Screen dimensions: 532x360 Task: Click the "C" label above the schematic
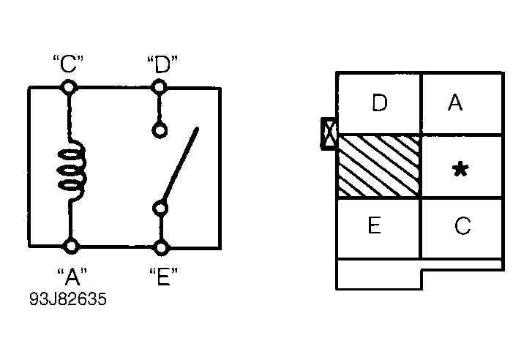pyautogui.click(x=68, y=64)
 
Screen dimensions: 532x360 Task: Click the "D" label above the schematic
pyautogui.click(x=162, y=64)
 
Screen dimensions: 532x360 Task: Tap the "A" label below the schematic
pyautogui.click(x=72, y=277)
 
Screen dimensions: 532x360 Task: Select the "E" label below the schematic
pyautogui.click(x=163, y=276)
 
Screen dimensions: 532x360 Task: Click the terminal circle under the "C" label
pyautogui.click(x=69, y=88)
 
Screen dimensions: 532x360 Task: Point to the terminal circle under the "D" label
pyautogui.click(x=159, y=87)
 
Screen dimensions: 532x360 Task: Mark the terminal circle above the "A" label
pyautogui.click(x=71, y=246)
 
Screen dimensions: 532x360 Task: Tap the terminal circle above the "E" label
pyautogui.click(x=161, y=248)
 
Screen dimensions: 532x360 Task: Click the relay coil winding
pyautogui.click(x=71, y=169)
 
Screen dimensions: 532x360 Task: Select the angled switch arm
pyautogui.click(x=181, y=164)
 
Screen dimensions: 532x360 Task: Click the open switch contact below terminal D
pyautogui.click(x=160, y=131)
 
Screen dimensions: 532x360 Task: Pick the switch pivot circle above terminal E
pyautogui.click(x=160, y=209)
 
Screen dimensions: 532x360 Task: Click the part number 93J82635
pyautogui.click(x=68, y=299)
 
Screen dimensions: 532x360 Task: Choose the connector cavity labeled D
pyautogui.click(x=379, y=103)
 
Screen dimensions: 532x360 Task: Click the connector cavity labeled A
pyautogui.click(x=462, y=103)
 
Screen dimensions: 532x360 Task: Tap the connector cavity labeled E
pyautogui.click(x=378, y=228)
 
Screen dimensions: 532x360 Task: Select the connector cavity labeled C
pyautogui.click(x=462, y=228)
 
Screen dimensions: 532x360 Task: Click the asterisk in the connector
pyautogui.click(x=461, y=169)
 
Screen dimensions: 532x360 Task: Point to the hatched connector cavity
pyautogui.click(x=379, y=166)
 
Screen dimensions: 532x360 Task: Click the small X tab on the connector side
pyautogui.click(x=329, y=133)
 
